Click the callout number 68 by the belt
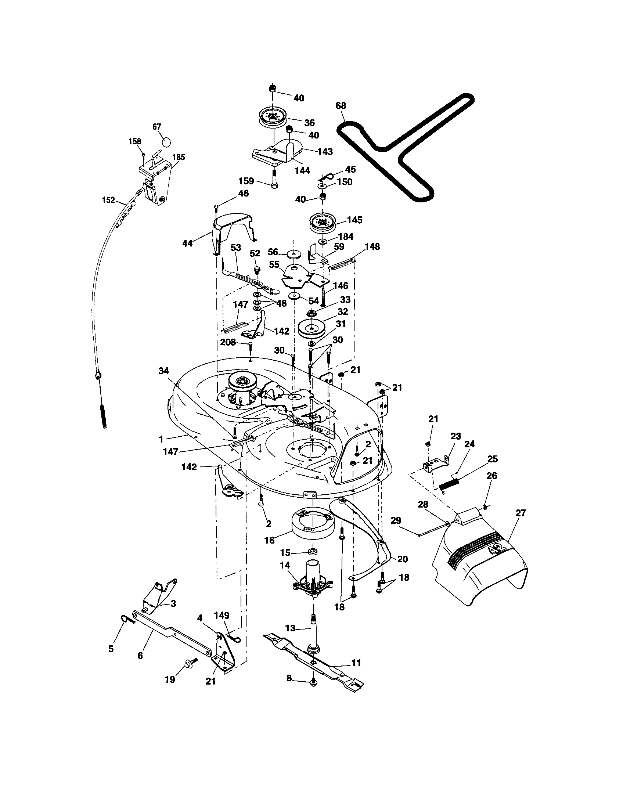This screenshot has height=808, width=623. pyautogui.click(x=341, y=106)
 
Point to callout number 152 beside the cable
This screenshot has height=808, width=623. pyautogui.click(x=108, y=200)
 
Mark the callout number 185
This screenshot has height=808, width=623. pyautogui.click(x=179, y=157)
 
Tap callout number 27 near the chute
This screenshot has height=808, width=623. pyautogui.click(x=521, y=513)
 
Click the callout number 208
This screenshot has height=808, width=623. pyautogui.click(x=228, y=342)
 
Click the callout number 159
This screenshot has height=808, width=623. pyautogui.click(x=246, y=181)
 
